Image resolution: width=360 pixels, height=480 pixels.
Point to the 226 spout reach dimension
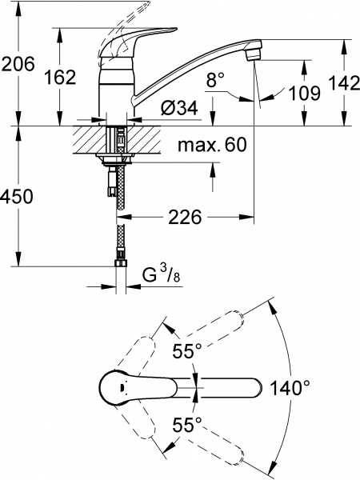183,216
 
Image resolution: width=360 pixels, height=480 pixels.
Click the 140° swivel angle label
290,389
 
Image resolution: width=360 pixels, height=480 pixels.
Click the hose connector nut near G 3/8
122,262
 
